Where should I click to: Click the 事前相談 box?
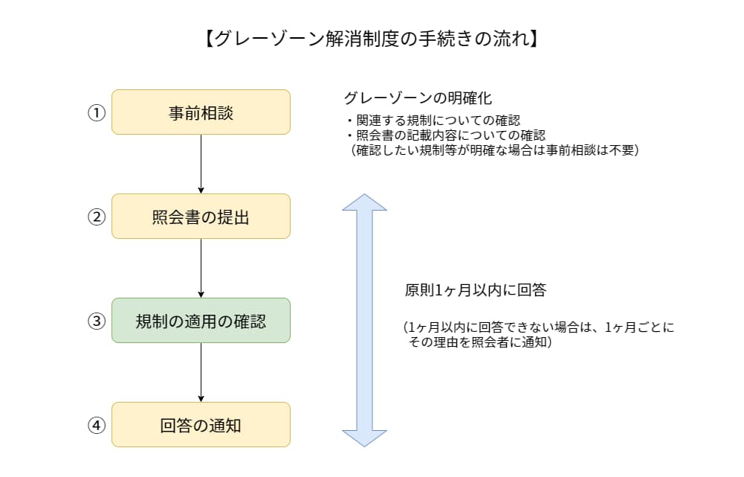coord(201,112)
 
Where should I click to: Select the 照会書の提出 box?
coord(201,217)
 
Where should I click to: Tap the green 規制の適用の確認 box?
coord(201,321)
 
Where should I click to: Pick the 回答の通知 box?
coord(201,425)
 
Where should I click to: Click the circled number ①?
coord(97,113)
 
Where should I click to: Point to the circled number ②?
coord(97,217)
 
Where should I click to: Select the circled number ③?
coord(97,321)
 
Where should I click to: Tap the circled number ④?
coord(97,426)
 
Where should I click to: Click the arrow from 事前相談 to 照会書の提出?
coord(201,164)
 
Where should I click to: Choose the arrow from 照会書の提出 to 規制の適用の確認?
coord(201,268)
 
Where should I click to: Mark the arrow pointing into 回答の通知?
coord(201,372)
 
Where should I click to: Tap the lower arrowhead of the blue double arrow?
coord(364,438)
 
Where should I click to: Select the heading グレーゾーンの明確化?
coord(418,98)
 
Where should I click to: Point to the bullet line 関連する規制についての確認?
coord(433,121)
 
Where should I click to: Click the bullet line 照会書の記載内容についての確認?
coord(446,135)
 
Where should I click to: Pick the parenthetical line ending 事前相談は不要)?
coord(495,150)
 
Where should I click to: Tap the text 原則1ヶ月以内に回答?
coord(476,291)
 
